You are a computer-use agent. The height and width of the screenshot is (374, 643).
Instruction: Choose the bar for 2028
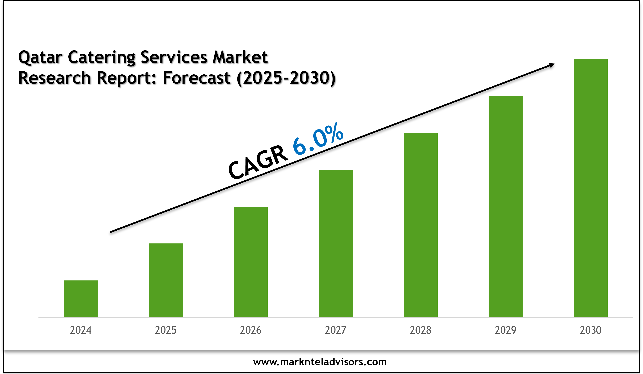tap(421, 225)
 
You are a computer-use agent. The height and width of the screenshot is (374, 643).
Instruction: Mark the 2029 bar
tap(505, 206)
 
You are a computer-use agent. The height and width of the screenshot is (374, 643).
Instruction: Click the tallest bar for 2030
tap(590, 188)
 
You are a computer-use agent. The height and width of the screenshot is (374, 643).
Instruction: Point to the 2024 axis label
tap(81, 330)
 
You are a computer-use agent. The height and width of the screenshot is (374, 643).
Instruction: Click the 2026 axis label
tap(251, 330)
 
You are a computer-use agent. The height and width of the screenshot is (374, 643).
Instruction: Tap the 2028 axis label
tap(421, 330)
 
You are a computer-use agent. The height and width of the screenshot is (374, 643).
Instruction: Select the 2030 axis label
tap(590, 330)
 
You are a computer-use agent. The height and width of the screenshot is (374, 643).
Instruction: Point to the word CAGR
tap(258, 162)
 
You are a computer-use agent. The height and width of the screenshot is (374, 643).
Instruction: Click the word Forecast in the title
tap(196, 78)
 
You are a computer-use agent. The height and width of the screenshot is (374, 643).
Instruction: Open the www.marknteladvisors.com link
tap(320, 362)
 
